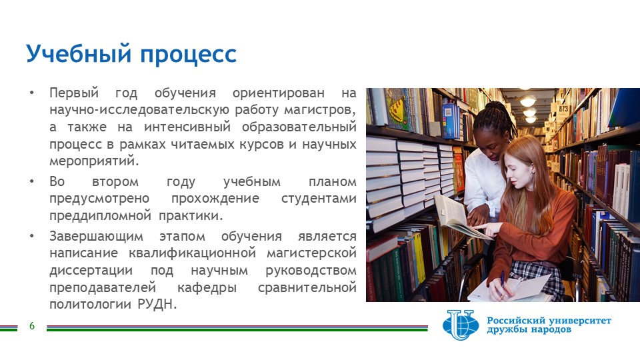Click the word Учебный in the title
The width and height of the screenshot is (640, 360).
click(78, 54)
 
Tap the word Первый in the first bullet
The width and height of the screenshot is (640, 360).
click(74, 93)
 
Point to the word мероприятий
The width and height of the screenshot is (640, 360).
click(94, 161)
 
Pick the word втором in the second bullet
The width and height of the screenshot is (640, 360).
click(115, 181)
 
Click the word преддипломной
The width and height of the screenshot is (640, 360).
click(100, 215)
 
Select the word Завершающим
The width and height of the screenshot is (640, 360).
click(96, 236)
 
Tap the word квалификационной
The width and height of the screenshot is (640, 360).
click(192, 253)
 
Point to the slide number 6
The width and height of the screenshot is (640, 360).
click(32, 326)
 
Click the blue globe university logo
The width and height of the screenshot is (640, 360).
click(461, 325)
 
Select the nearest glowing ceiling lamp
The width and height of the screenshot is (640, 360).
click(528, 101)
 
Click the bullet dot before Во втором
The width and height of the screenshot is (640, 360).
click(32, 181)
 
